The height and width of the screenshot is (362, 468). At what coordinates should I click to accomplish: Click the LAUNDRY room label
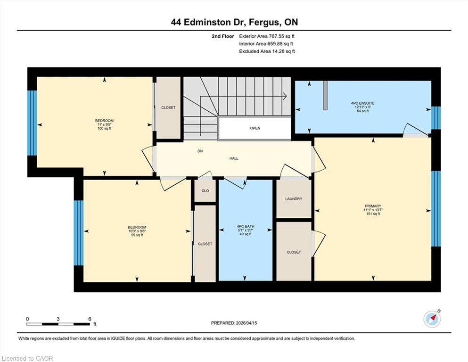pyautogui.click(x=294, y=199)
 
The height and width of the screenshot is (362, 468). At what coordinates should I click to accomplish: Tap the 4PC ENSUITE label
pyautogui.click(x=362, y=103)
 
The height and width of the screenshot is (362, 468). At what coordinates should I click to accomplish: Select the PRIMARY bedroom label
pyautogui.click(x=373, y=206)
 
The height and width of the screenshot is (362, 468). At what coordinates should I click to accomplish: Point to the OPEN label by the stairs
pyautogui.click(x=255, y=128)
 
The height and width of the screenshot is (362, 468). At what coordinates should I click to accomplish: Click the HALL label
pyautogui.click(x=234, y=158)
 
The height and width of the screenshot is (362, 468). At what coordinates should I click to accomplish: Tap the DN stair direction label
pyautogui.click(x=200, y=151)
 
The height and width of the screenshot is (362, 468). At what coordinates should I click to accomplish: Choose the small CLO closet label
pyautogui.click(x=205, y=191)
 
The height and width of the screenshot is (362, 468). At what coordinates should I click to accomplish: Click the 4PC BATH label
pyautogui.click(x=246, y=227)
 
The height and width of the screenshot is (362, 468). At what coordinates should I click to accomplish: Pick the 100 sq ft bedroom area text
pyautogui.click(x=105, y=128)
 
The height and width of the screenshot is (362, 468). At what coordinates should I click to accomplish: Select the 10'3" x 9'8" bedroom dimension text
pyautogui.click(x=137, y=231)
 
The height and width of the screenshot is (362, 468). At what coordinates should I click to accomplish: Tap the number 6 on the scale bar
pyautogui.click(x=90, y=319)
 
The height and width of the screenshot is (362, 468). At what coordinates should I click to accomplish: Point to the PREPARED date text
pyautogui.click(x=234, y=323)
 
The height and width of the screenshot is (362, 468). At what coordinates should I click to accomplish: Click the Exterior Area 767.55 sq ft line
pyautogui.click(x=267, y=36)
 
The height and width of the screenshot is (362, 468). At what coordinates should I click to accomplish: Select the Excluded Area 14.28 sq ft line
pyautogui.click(x=267, y=51)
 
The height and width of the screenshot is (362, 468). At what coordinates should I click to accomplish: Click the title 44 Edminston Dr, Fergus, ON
pyautogui.click(x=234, y=22)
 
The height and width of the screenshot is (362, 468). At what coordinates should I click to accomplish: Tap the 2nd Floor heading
pyautogui.click(x=223, y=36)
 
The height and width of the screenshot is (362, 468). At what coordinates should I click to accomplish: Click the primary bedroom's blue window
pyautogui.click(x=436, y=209)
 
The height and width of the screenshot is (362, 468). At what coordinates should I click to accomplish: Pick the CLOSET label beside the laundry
pyautogui.click(x=294, y=252)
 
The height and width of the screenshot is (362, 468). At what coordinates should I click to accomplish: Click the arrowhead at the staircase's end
pyautogui.click(x=285, y=96)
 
